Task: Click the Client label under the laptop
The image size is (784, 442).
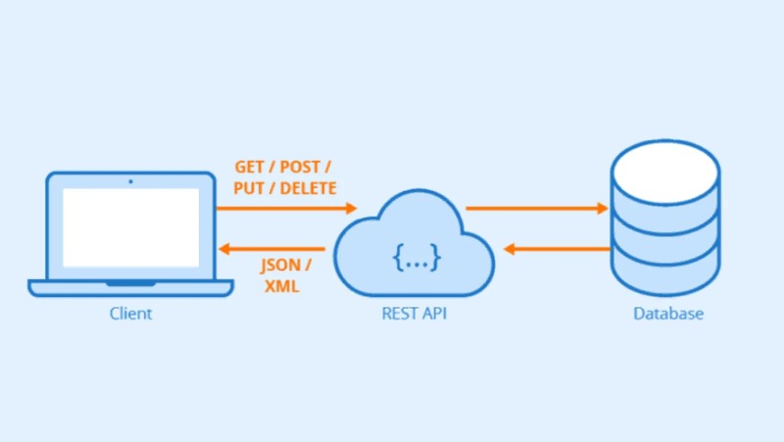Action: [x=130, y=315]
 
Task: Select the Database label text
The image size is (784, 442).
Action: [x=667, y=315]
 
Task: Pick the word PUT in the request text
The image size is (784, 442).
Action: [x=249, y=187]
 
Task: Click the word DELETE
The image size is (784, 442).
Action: [x=309, y=187]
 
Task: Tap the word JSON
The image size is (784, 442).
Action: [x=281, y=266]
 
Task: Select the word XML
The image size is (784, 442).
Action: [x=281, y=286]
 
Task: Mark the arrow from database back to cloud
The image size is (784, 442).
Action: [x=558, y=248]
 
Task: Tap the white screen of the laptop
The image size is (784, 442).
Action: [x=130, y=227]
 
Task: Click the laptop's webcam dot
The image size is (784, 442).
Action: [x=130, y=180]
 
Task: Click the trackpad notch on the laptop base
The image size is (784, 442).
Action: [x=130, y=283]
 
